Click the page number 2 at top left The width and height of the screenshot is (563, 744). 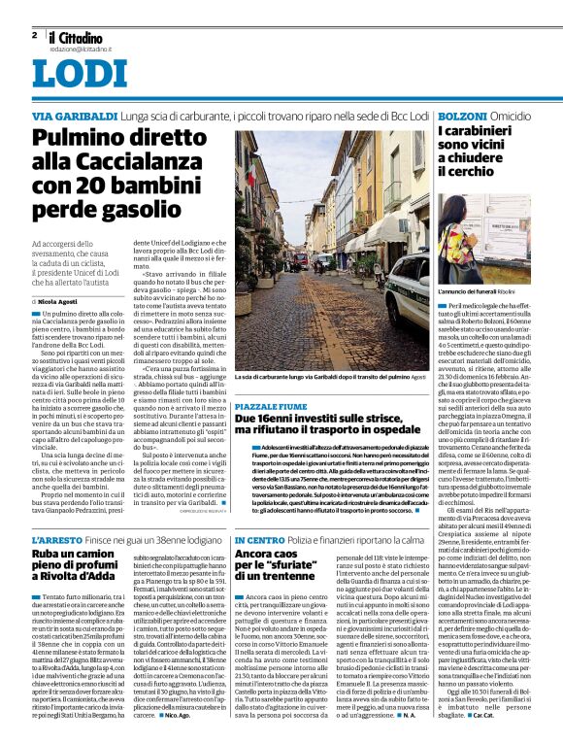pos(34,35)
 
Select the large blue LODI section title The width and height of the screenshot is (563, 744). pos(72,74)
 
